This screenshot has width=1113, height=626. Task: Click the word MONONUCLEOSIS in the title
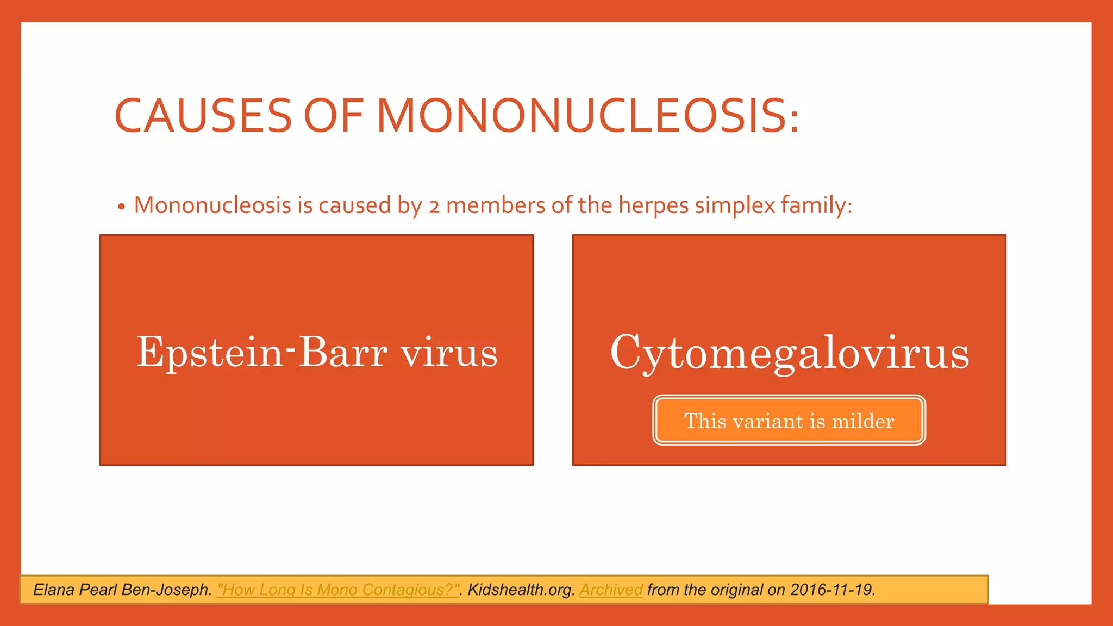point(588,116)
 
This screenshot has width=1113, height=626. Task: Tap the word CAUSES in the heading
point(203,116)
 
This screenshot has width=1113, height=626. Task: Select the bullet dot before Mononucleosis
point(121,207)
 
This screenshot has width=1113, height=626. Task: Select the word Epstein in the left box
point(209,353)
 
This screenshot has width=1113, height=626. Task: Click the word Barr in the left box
point(343,353)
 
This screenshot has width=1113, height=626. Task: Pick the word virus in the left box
point(449,353)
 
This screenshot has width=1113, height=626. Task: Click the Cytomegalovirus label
point(789,353)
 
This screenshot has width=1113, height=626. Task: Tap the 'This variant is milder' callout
point(789,421)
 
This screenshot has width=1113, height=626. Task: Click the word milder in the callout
point(863,421)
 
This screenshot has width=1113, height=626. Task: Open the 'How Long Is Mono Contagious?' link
point(338,590)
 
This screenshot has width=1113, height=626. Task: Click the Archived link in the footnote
point(611,590)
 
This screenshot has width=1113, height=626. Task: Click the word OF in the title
point(333,116)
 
